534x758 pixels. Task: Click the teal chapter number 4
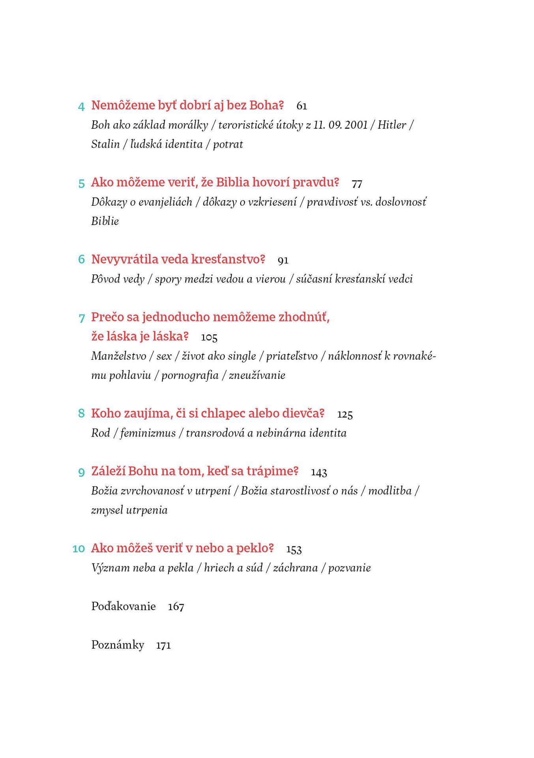pos(81,106)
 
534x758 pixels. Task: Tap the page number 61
pos(302,106)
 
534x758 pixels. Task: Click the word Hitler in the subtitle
pos(392,125)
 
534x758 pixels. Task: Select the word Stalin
pos(105,144)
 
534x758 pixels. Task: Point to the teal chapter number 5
pos(81,184)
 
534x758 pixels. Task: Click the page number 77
pos(357,184)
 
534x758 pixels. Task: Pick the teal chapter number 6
pos(81,259)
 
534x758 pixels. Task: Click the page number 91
pos(283,260)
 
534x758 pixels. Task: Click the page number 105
pos(209,338)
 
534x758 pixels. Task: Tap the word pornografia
pos(190,375)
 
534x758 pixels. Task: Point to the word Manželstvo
pos(119,356)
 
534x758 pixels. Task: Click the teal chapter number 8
pos(81,413)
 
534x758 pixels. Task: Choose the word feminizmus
pos(148,433)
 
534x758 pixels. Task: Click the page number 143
pos(319,472)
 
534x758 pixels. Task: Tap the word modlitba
pos(390,491)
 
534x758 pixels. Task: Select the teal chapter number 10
pos(79,549)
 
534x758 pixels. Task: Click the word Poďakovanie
pos(124,606)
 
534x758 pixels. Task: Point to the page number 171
pos(163,645)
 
